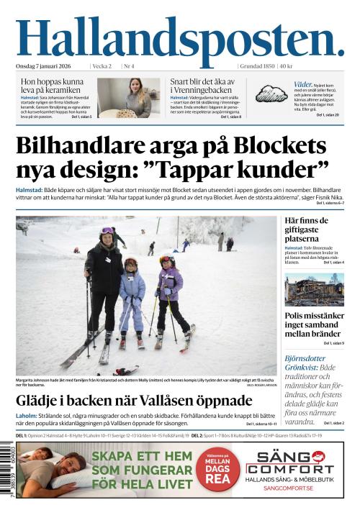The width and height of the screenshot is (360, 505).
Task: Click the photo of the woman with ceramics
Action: (129, 98)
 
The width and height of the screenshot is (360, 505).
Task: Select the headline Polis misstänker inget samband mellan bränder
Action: (314, 324)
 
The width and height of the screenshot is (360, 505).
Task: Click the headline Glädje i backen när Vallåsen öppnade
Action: (134, 401)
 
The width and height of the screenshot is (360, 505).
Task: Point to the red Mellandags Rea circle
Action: (217, 471)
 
